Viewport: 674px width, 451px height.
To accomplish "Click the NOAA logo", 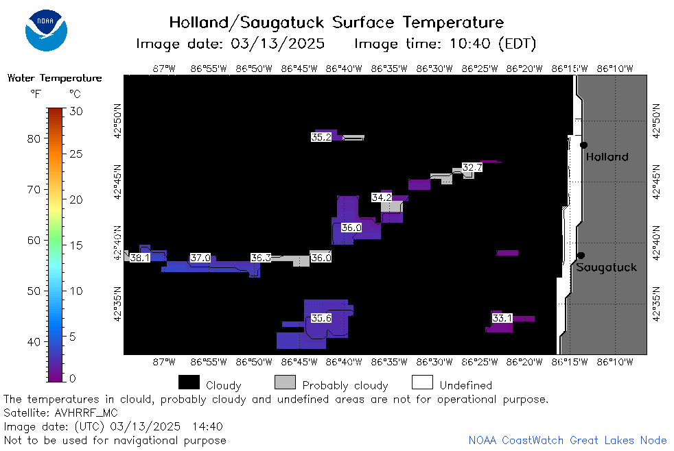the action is tap(46, 30).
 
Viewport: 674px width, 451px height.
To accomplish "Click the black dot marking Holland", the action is tap(583, 145).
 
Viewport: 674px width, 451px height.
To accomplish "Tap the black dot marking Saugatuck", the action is tap(581, 256).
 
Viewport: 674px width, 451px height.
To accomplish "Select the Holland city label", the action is tap(607, 157).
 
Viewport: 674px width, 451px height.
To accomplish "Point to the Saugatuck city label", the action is tap(606, 267).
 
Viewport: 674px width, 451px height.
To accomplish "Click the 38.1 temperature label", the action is tap(140, 258).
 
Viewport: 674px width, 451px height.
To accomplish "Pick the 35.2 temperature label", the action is tap(321, 137).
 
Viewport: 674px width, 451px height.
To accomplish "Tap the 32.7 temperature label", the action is tap(472, 167).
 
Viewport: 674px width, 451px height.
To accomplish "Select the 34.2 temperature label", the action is tap(382, 197).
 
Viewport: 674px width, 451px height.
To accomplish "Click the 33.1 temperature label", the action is tap(502, 318).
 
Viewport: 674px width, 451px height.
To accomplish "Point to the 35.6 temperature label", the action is tap(321, 318).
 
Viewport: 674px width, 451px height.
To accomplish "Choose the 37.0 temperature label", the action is tap(200, 258).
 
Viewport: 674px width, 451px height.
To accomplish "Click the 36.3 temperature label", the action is tap(261, 258).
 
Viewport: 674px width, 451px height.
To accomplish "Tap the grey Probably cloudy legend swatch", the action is tap(285, 382).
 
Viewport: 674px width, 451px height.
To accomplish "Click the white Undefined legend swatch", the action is tap(422, 382).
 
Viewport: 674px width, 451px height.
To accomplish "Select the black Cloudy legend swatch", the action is tap(189, 382).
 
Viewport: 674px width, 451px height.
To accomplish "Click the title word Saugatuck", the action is tap(281, 23).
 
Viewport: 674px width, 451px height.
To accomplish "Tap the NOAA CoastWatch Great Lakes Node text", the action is tap(568, 440).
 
